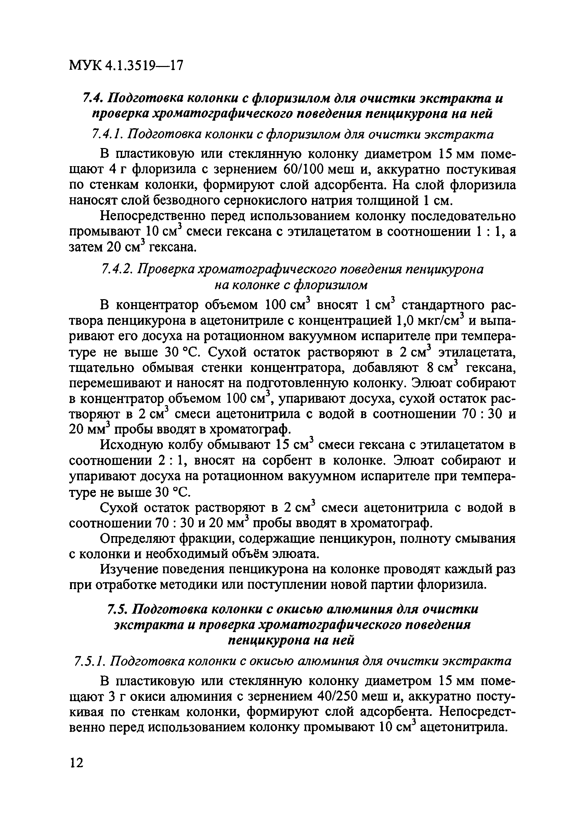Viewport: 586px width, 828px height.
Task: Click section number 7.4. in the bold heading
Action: point(93,98)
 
